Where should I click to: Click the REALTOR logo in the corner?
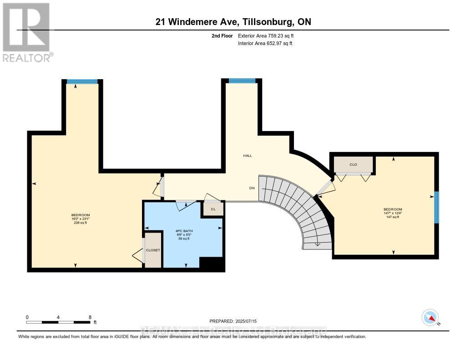pyautogui.click(x=26, y=32)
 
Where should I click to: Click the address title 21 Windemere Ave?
pyautogui.click(x=233, y=22)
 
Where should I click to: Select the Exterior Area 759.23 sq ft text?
pyautogui.click(x=269, y=35)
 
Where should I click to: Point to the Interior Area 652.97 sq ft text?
pyautogui.click(x=265, y=43)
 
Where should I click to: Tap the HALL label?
pyautogui.click(x=247, y=156)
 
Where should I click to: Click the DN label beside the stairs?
pyautogui.click(x=251, y=188)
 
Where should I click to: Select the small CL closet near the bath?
pyautogui.click(x=213, y=208)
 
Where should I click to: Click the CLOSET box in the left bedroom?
pyautogui.click(x=152, y=250)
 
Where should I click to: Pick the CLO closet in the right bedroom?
pyautogui.click(x=353, y=165)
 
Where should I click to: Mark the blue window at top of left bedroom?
pyautogui.click(x=82, y=81)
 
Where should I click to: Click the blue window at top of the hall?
pyautogui.click(x=242, y=81)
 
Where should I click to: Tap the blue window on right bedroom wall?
pyautogui.click(x=436, y=208)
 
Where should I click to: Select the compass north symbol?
pyautogui.click(x=430, y=317)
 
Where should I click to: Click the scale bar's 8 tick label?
pyautogui.click(x=90, y=317)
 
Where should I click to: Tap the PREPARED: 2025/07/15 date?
pyautogui.click(x=236, y=321)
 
